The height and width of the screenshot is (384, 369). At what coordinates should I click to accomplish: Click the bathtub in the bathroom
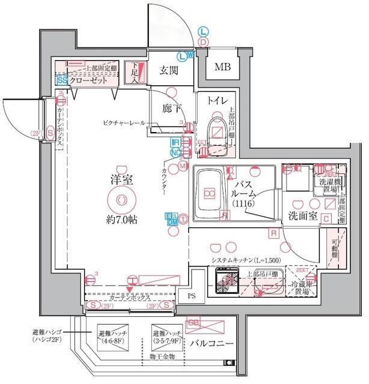click(208, 193)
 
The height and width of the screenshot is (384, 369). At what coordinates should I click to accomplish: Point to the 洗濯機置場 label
click(329, 186)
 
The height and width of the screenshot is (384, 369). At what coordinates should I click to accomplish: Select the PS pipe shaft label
click(192, 296)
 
